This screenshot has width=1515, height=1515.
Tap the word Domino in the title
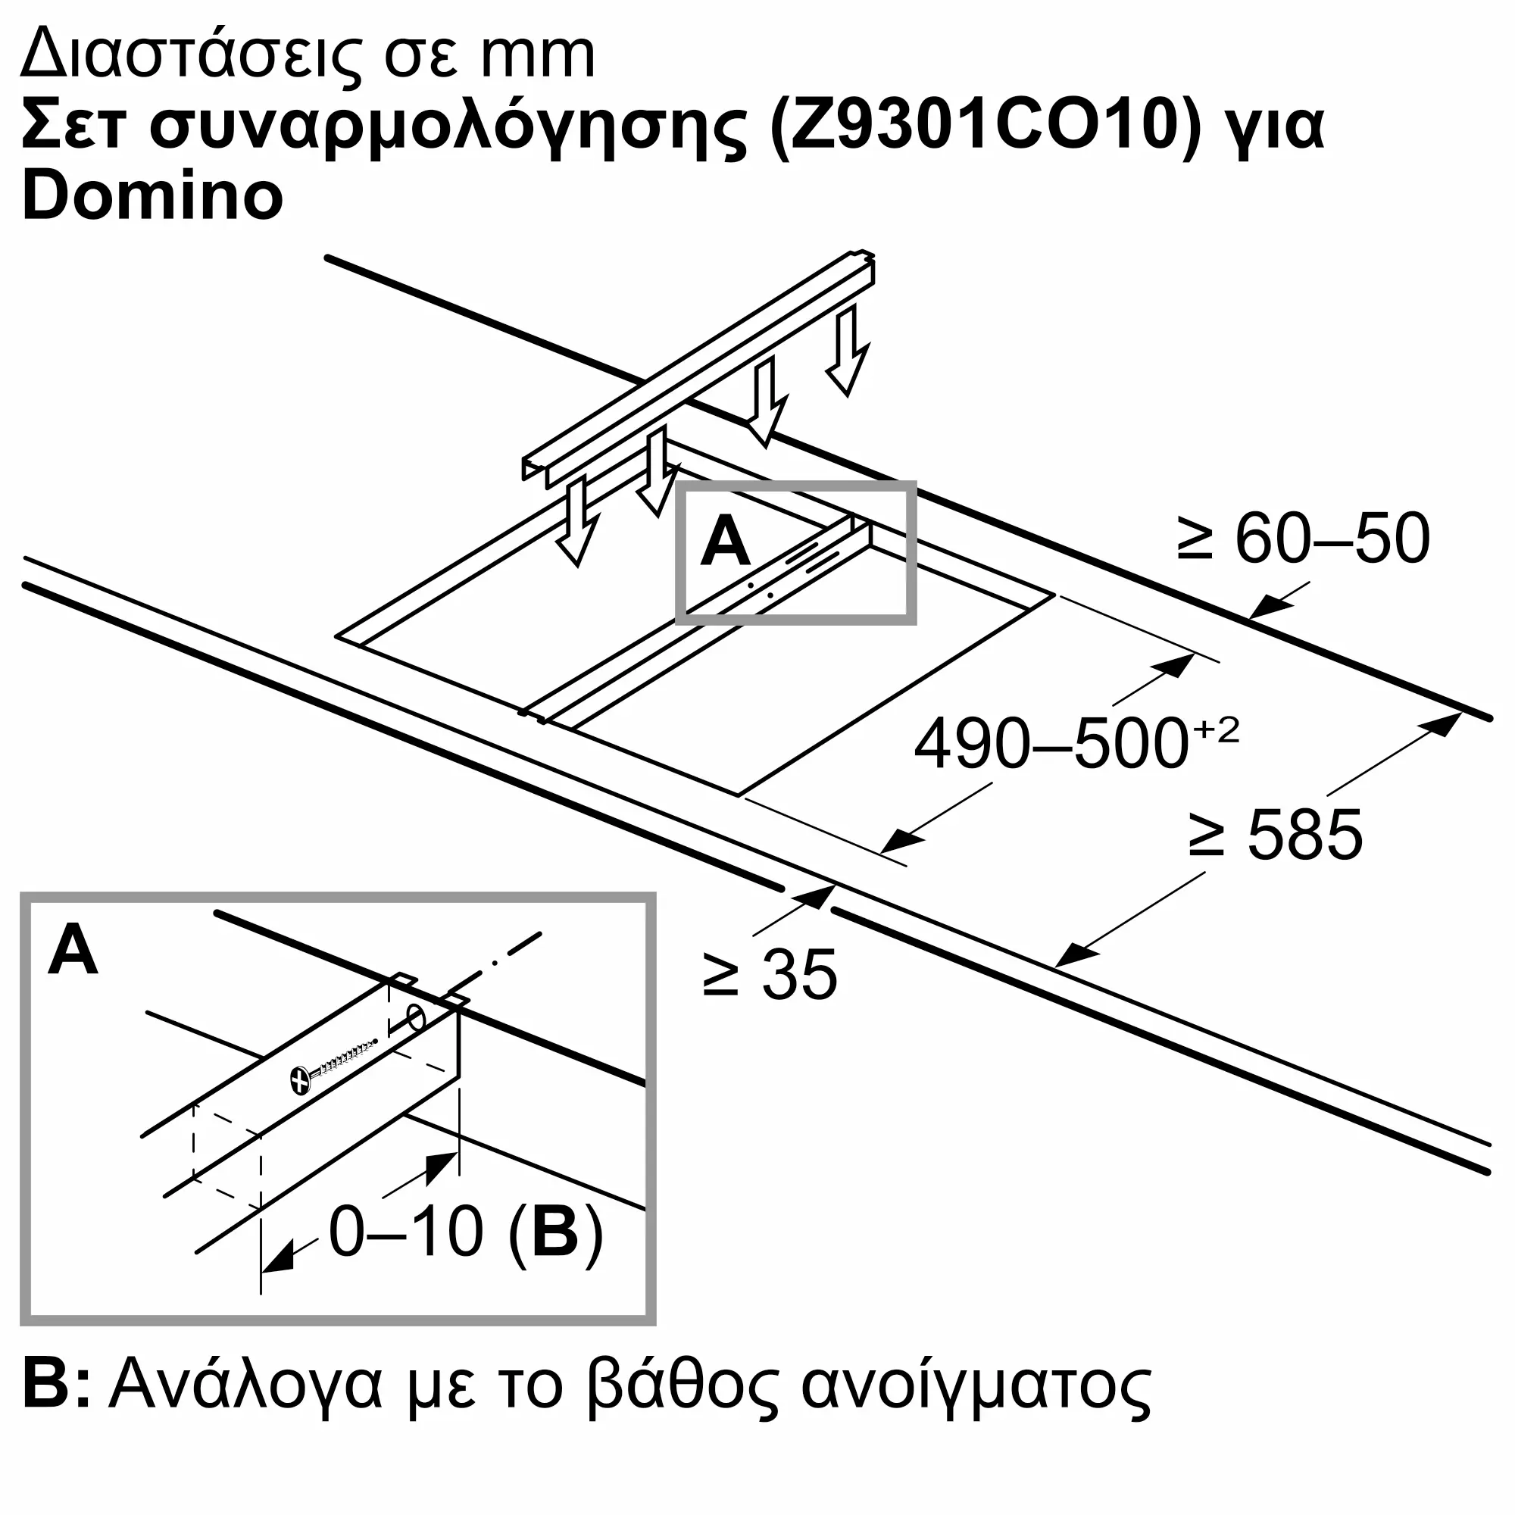pyautogui.click(x=152, y=196)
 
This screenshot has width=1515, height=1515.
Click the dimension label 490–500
pyautogui.click(x=1051, y=743)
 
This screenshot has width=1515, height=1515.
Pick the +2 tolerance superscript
pyautogui.click(x=1217, y=730)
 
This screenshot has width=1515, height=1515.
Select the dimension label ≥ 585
pyautogui.click(x=1276, y=835)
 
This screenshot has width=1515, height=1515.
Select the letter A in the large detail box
pyautogui.click(x=73, y=950)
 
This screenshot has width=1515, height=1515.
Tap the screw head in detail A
pyautogui.click(x=299, y=1081)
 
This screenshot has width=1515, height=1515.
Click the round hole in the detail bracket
pyautogui.click(x=417, y=1020)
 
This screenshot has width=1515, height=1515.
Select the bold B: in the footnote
pyautogui.click(x=55, y=1387)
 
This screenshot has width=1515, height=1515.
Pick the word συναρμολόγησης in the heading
pyautogui.click(x=448, y=128)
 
